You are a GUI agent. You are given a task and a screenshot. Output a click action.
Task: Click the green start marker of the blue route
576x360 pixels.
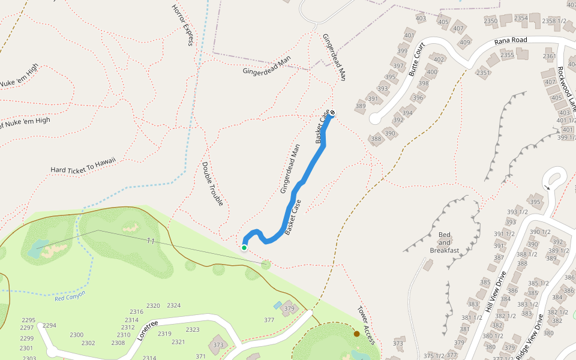[244, 247]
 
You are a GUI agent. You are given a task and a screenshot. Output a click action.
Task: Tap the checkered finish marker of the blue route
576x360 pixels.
[332, 113]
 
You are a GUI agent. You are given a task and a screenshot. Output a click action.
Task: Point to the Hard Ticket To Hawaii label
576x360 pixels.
[83, 166]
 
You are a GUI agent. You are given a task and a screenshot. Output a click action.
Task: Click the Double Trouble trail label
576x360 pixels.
[212, 184]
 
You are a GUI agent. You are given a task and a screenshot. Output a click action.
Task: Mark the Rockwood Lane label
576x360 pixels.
[566, 85]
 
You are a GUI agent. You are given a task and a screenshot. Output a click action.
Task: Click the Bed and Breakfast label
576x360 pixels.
[445, 242]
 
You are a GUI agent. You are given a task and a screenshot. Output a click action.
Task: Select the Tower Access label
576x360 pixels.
[366, 326]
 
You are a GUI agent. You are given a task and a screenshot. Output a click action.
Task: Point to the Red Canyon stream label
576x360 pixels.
[70, 296]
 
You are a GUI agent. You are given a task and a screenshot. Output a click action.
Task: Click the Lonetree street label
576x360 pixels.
[147, 330]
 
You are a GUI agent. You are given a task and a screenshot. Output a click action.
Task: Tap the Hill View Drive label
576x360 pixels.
[498, 291]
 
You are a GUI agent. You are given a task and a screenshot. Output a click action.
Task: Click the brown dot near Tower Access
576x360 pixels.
[356, 334]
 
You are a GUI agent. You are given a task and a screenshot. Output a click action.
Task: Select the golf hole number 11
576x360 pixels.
[151, 241]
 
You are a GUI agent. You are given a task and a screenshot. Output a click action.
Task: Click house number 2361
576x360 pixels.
[549, 56]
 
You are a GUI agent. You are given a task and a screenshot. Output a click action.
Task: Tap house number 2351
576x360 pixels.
[483, 73]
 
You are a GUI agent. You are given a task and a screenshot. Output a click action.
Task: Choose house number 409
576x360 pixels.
[465, 42]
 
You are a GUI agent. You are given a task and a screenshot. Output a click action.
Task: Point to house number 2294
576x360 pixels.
[49, 326]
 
